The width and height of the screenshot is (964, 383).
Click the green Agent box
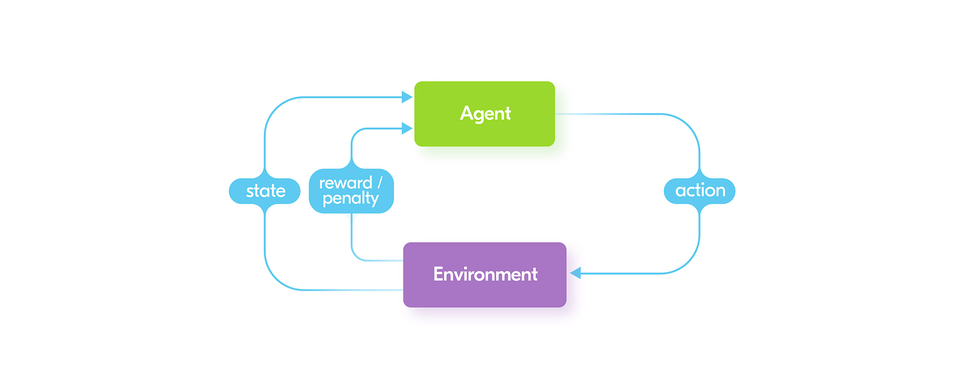coord(484,114)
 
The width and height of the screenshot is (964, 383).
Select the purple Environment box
coord(484,275)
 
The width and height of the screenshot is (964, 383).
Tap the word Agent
coord(485,114)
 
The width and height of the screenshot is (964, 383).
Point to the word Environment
coord(485,274)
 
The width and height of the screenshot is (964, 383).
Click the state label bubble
coord(265,191)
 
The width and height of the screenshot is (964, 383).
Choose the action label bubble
coord(700,191)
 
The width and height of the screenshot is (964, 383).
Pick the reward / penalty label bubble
coord(351,191)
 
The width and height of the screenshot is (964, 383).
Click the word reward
coord(346,183)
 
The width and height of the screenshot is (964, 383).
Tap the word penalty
coord(351,199)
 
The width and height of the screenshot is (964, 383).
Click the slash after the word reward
coord(380,182)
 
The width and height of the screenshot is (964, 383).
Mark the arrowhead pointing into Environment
coord(575,273)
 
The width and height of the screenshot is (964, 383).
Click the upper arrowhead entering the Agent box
coord(407,97)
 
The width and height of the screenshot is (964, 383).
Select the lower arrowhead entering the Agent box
coord(407,128)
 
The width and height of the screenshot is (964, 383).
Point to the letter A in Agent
coord(467,113)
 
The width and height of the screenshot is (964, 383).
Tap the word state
coord(266,191)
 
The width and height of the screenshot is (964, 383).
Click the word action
coord(701,191)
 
